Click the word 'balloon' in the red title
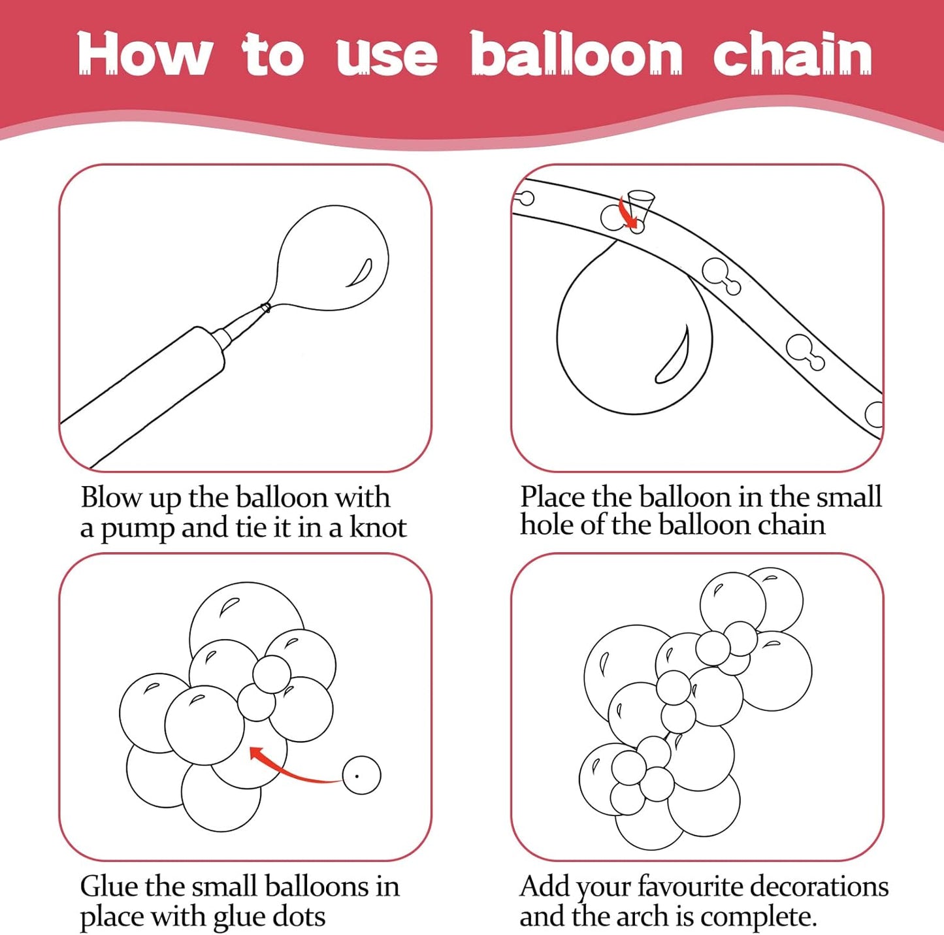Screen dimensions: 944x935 pyautogui.click(x=577, y=53)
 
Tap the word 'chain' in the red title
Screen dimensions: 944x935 pyautogui.click(x=792, y=53)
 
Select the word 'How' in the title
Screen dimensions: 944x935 pyautogui.click(x=145, y=54)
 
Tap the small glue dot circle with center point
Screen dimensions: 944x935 pyautogui.click(x=361, y=775)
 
